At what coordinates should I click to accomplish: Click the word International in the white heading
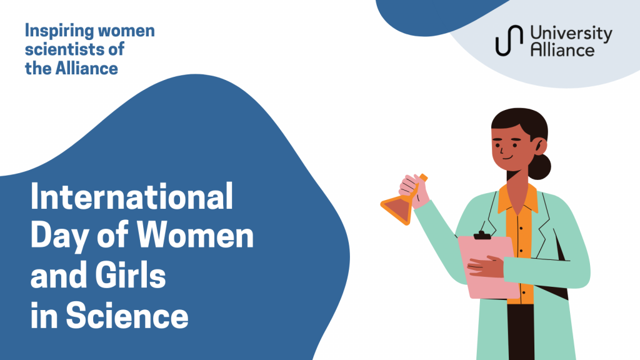point(132,196)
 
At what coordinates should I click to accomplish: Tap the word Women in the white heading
point(195,236)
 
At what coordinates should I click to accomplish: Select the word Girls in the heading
point(131,276)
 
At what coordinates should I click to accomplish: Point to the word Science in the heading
point(127,315)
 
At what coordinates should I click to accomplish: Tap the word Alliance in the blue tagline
point(87,67)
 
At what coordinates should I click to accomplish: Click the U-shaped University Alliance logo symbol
point(509,40)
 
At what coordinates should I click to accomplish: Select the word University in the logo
point(571,34)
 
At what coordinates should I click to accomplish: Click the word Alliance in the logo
point(562,50)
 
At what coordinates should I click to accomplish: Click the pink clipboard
point(489,267)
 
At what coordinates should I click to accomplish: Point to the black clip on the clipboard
point(482,235)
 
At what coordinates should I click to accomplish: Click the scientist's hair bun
point(540,166)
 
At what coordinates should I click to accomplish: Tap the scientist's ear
point(539,146)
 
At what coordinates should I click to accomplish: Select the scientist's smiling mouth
point(507,157)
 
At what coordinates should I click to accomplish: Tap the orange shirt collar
point(517,198)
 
